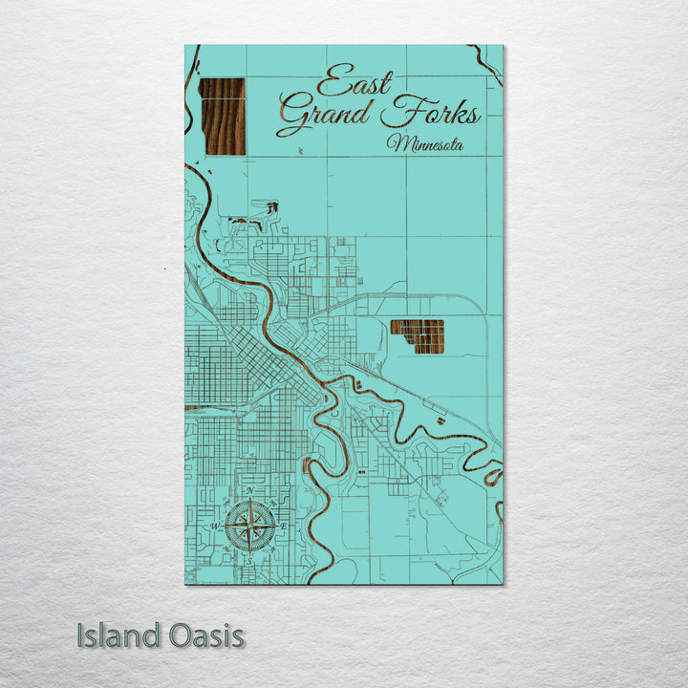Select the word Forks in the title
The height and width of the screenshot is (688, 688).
pos(430,116)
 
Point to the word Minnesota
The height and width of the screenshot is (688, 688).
pos(425,144)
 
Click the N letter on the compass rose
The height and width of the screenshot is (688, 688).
pos(250,491)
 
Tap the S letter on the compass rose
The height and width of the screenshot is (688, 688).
pos(250,561)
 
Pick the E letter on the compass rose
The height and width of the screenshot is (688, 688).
pos(285,526)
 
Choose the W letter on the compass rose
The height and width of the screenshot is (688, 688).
pos(216,526)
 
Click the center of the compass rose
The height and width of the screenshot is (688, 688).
pos(250,526)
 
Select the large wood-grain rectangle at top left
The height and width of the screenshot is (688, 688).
pos(222,116)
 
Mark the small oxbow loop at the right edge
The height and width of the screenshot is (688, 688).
pos(494,473)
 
